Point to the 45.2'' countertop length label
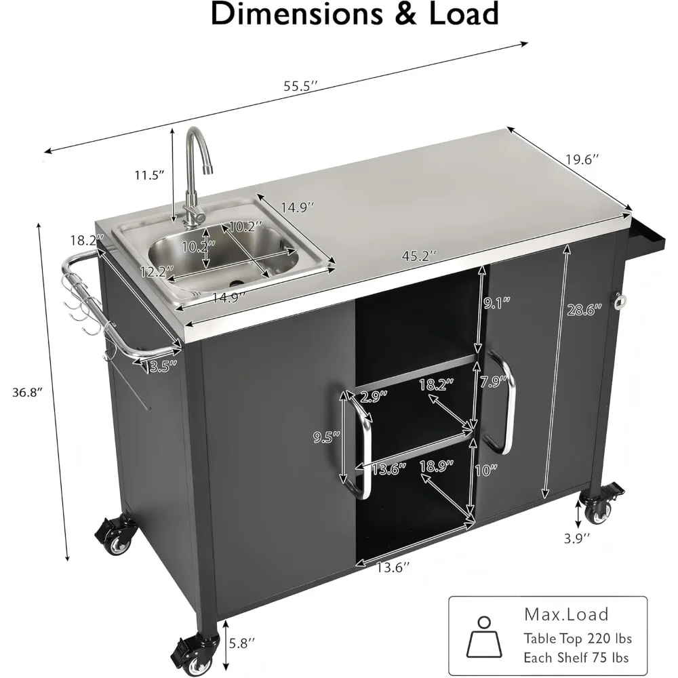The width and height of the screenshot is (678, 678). (417, 256)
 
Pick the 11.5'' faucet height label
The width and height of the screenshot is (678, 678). (149, 175)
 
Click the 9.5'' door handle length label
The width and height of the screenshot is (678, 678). (327, 438)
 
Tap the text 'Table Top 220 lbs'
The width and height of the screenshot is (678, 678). (577, 638)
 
